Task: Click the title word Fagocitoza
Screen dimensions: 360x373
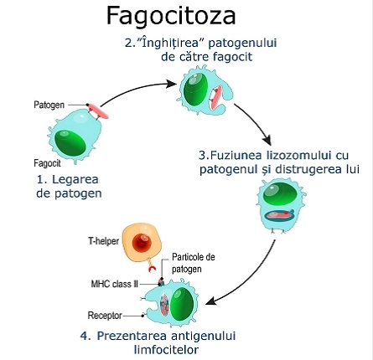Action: [171, 16]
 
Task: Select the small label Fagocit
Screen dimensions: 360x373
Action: [45, 163]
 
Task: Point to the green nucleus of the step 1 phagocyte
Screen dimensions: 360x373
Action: [67, 133]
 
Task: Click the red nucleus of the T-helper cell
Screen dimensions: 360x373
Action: [143, 244]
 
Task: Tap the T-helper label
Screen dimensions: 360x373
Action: [101, 240]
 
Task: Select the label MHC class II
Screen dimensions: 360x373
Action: [107, 284]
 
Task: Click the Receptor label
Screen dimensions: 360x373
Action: [105, 316]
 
